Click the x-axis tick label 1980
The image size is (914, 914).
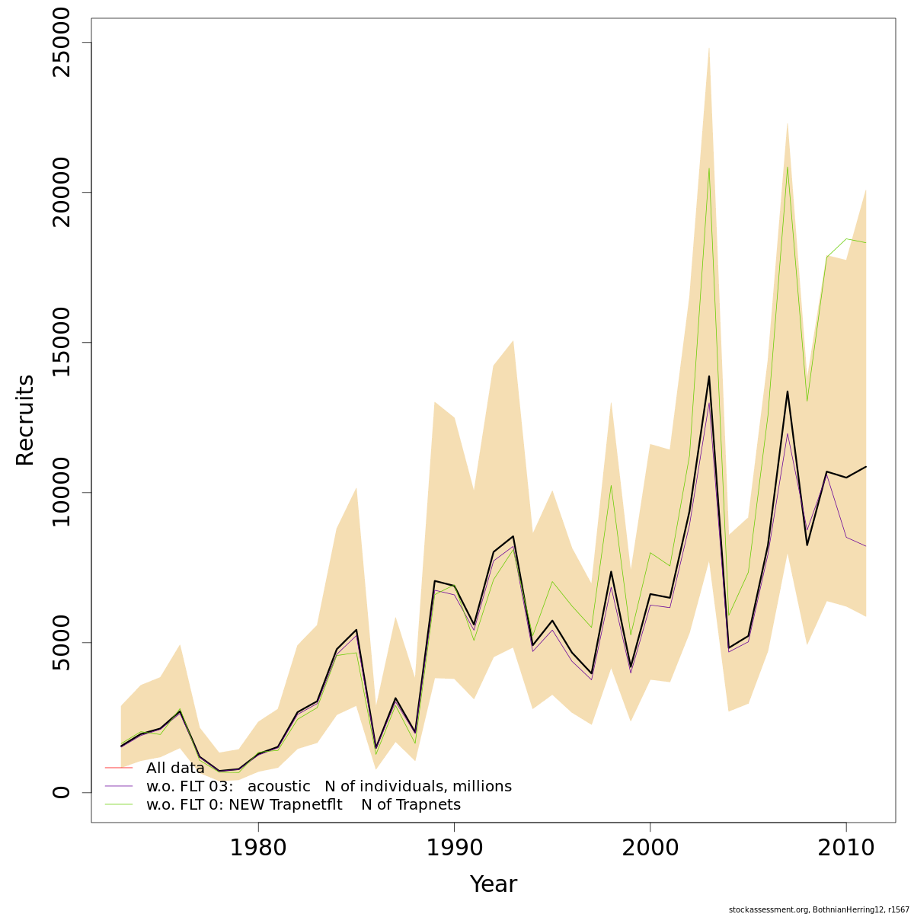click(x=258, y=847)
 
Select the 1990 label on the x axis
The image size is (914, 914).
click(x=454, y=847)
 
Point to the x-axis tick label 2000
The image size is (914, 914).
click(x=650, y=847)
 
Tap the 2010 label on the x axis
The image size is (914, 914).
click(x=845, y=847)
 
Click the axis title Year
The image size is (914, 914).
click(x=493, y=884)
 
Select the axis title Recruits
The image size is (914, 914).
click(x=25, y=420)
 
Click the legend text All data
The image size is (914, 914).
click(x=175, y=768)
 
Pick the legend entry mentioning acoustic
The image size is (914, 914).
click(x=328, y=786)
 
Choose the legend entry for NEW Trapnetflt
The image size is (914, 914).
click(x=303, y=804)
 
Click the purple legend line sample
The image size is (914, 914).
click(x=119, y=786)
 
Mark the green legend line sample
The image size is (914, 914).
click(x=119, y=804)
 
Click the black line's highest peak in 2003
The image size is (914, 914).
click(x=708, y=376)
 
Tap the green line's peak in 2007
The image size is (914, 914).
click(x=787, y=168)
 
